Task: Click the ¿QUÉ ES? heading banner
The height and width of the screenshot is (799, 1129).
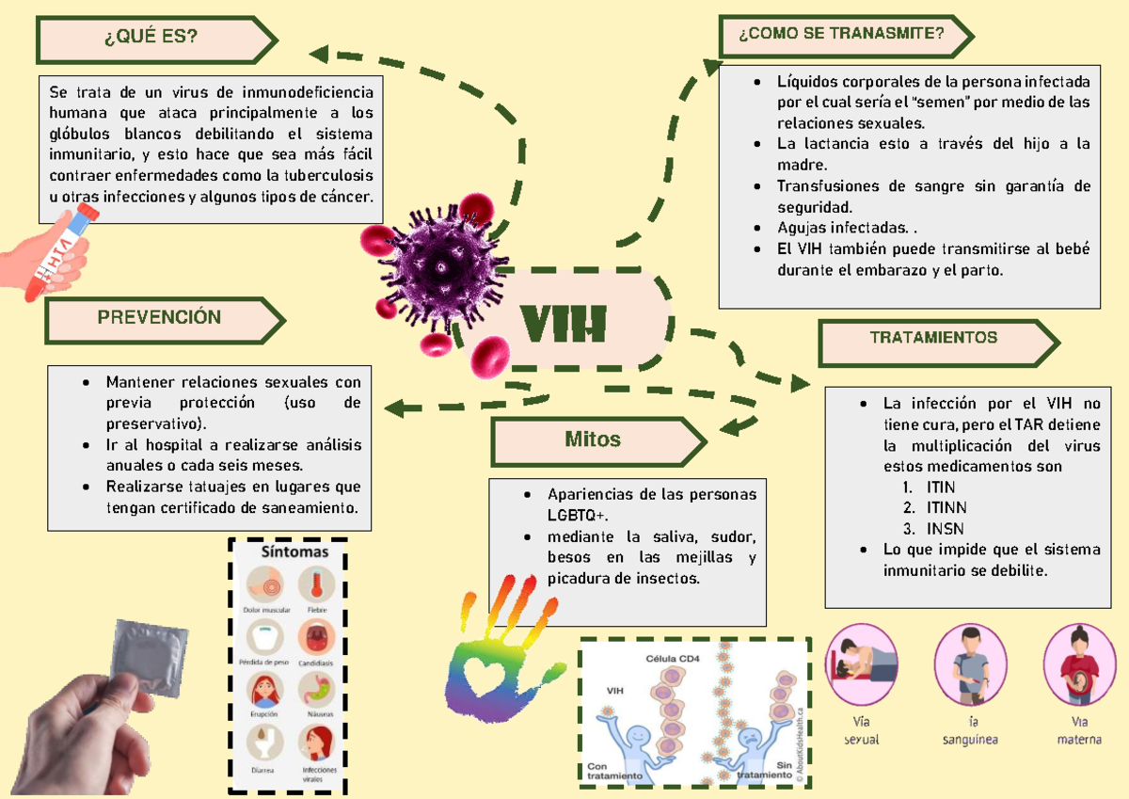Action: coord(152,38)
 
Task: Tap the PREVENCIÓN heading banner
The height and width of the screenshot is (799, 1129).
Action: coord(160,318)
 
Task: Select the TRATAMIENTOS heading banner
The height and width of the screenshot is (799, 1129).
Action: coord(933,337)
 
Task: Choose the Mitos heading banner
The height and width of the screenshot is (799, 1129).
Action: coord(593,439)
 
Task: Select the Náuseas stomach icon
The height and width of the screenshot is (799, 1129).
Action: coord(316,692)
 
